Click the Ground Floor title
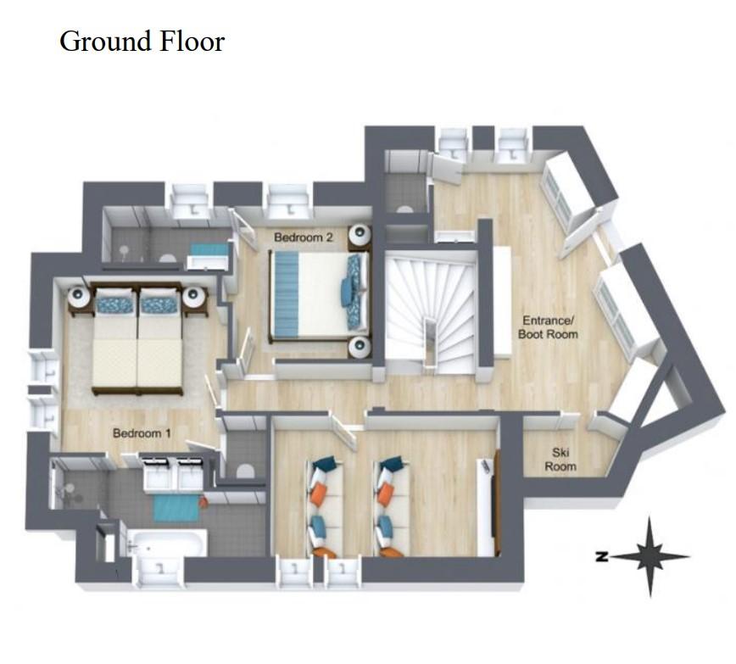(x=142, y=42)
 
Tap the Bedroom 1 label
(x=142, y=433)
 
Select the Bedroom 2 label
(x=304, y=237)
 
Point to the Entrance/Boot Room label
(x=548, y=327)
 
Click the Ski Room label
(x=560, y=460)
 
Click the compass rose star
(x=650, y=557)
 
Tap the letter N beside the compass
(x=601, y=557)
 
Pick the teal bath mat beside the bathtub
(x=178, y=508)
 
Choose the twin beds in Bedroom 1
(x=137, y=338)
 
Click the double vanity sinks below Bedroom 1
(x=173, y=474)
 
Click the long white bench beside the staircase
(x=502, y=303)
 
